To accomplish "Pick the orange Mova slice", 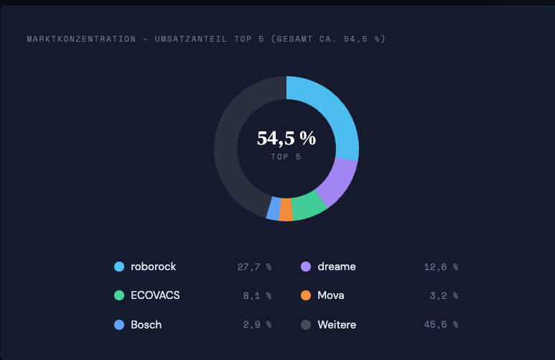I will click(286, 210).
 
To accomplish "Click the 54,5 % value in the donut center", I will click(286, 139).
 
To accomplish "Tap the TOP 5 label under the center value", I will click(286, 156).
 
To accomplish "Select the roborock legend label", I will click(153, 267).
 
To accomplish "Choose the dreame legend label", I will click(336, 267).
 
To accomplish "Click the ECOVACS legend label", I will click(155, 295).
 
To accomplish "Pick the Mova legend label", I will click(330, 295).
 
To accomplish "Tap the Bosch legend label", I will click(146, 325).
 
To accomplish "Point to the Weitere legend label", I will click(336, 325).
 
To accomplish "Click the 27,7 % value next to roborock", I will click(254, 267).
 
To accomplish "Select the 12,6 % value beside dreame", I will click(441, 267).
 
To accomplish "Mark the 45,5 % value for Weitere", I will click(441, 325).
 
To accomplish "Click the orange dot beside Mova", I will click(305, 295).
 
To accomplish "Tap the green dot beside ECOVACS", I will click(119, 295).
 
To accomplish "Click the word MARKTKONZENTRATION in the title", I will click(81, 39).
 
